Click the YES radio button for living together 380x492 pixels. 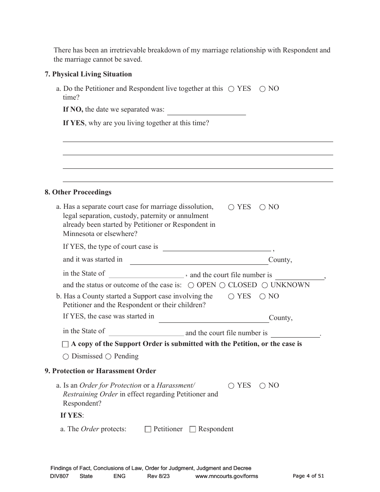click(x=231, y=89)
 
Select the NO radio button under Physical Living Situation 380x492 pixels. click(x=262, y=89)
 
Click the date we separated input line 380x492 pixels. click(x=206, y=111)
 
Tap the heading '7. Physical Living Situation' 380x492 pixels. click(x=88, y=74)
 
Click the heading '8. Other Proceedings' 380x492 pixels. click(x=78, y=192)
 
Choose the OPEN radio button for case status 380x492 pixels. click(x=191, y=285)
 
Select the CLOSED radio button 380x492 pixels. click(x=222, y=285)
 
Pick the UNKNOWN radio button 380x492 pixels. click(x=265, y=285)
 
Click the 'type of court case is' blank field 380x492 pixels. click(x=216, y=247)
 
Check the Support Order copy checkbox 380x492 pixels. click(x=66, y=344)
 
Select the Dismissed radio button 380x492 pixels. click(x=66, y=356)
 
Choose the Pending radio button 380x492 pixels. click(x=108, y=356)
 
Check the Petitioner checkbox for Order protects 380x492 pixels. click(x=148, y=429)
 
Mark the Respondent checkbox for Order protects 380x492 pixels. click(x=192, y=429)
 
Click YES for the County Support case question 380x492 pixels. click(x=231, y=297)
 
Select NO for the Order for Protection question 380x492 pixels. click(x=262, y=386)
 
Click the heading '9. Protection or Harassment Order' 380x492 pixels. click(x=100, y=371)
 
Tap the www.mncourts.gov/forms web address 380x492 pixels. click(x=226, y=476)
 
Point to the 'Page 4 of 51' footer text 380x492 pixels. click(x=308, y=476)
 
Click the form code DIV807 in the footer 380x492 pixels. click(x=60, y=476)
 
